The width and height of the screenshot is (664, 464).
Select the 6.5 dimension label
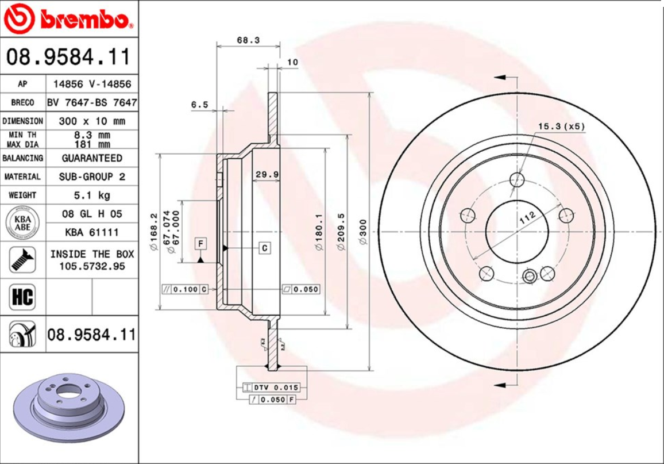pyautogui.click(x=199, y=105)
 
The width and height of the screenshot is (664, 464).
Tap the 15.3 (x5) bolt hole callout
pyautogui.click(x=561, y=126)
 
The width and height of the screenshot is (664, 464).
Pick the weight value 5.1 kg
pyautogui.click(x=91, y=195)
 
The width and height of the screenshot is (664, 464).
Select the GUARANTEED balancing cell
pyautogui.click(x=91, y=158)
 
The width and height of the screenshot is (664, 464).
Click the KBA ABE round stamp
pyautogui.click(x=22, y=223)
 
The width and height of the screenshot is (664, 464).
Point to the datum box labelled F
pyautogui.click(x=201, y=244)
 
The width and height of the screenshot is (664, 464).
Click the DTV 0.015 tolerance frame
pyautogui.click(x=271, y=388)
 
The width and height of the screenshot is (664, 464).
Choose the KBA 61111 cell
pyautogui.click(x=91, y=232)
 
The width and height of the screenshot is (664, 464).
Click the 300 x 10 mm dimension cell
pyautogui.click(x=91, y=121)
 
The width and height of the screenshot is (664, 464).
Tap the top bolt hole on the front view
pyautogui.click(x=518, y=179)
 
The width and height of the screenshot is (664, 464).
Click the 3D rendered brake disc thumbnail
pyautogui.click(x=68, y=409)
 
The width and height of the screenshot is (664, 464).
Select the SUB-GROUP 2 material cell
pyautogui.click(x=91, y=177)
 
